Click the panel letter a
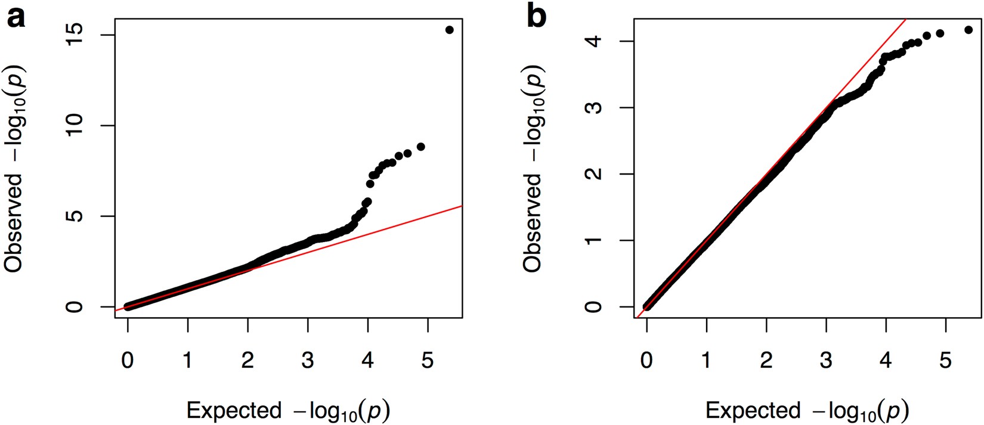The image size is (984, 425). point(16,18)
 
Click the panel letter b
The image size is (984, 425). point(536,17)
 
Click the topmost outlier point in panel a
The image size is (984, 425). point(449,30)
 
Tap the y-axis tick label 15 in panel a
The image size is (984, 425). point(75,35)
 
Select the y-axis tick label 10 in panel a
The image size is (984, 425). point(75,126)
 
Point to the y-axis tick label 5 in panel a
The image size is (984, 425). point(75,216)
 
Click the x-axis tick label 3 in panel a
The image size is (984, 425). point(308,360)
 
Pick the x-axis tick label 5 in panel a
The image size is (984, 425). point(428,360)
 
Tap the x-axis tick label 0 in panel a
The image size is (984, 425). point(128,360)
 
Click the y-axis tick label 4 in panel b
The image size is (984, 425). point(594,41)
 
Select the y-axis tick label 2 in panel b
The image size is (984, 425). point(594,174)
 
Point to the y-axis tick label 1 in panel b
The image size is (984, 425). point(594,241)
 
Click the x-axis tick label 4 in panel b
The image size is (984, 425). point(886,360)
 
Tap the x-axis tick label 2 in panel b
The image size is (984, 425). point(766,360)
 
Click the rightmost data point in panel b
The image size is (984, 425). point(968,30)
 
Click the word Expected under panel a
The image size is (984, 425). point(234,411)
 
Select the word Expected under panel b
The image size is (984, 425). point(753,411)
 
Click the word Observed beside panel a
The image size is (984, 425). point(13,222)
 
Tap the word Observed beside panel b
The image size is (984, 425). point(532,222)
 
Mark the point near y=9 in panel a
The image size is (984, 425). point(420,147)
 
